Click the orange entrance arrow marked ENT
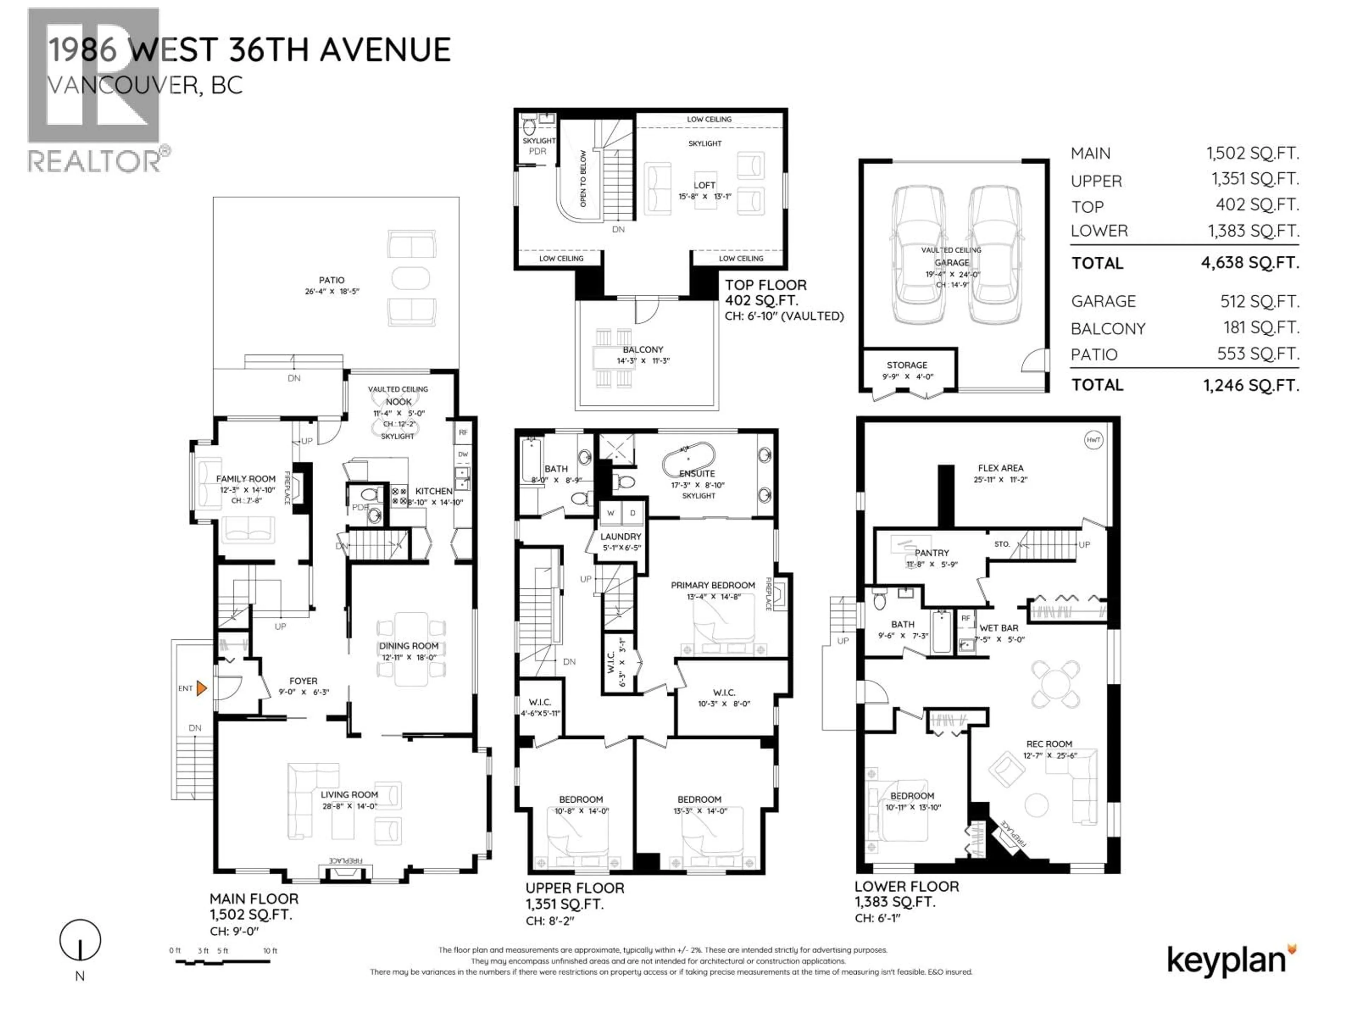point(201,689)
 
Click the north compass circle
point(80,940)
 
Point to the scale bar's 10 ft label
point(270,951)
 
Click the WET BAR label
point(999,628)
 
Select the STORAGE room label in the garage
point(907,365)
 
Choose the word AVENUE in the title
point(385,50)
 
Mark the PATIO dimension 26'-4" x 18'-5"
point(332,291)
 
